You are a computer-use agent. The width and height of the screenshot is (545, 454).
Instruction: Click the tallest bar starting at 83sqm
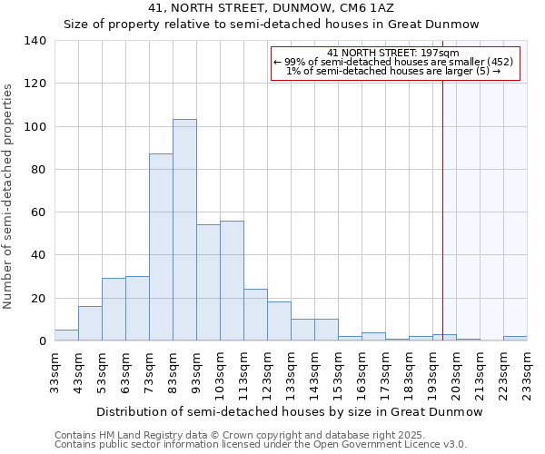tap(184, 231)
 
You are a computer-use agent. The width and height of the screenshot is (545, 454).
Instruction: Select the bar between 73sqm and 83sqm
tap(161, 247)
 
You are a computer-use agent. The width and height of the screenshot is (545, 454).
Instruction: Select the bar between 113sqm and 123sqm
tap(255, 315)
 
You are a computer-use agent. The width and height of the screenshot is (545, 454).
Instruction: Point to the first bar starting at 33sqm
tap(66, 335)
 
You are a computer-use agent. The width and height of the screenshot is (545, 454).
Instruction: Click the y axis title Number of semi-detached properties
tap(9, 195)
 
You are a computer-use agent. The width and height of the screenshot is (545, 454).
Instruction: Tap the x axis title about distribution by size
tap(289, 411)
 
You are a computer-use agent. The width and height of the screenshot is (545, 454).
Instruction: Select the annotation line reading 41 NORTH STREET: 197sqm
tap(393, 53)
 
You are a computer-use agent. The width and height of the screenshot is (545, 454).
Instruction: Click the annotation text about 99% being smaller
tap(393, 62)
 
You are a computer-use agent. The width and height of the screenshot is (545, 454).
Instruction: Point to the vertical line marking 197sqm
tap(443, 209)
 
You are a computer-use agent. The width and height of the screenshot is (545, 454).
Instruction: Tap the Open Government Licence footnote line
tap(261, 444)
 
